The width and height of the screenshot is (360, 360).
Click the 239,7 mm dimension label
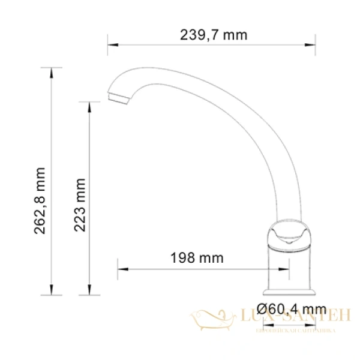point(214,34)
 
